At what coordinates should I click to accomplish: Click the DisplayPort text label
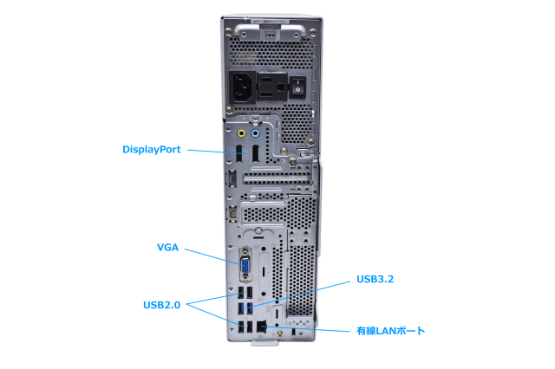coord(151,149)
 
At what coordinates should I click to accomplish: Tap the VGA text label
coord(167,248)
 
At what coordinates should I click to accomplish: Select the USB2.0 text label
coord(161,304)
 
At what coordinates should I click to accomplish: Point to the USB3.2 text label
coord(375,280)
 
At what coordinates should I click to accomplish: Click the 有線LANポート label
coord(390,330)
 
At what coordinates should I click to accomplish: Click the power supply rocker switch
coord(298,86)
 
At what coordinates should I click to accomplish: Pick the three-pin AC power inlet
coord(243,87)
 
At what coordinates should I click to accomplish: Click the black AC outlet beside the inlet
coord(271,87)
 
